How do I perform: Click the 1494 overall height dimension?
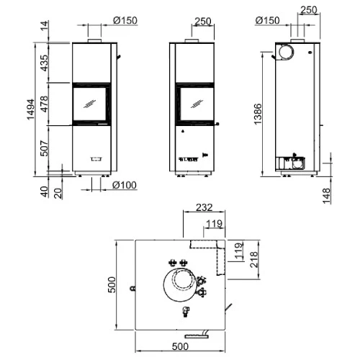tap(30, 109)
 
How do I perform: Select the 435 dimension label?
tap(44, 63)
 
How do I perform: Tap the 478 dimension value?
tap(44, 104)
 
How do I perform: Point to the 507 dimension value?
tap(44, 148)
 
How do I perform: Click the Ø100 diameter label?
tap(125, 185)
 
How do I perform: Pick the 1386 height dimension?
tap(258, 114)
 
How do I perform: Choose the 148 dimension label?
tap(326, 196)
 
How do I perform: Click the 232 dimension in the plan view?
tap(204, 207)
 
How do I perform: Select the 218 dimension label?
tap(253, 259)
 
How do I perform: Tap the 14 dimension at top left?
tap(44, 26)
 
